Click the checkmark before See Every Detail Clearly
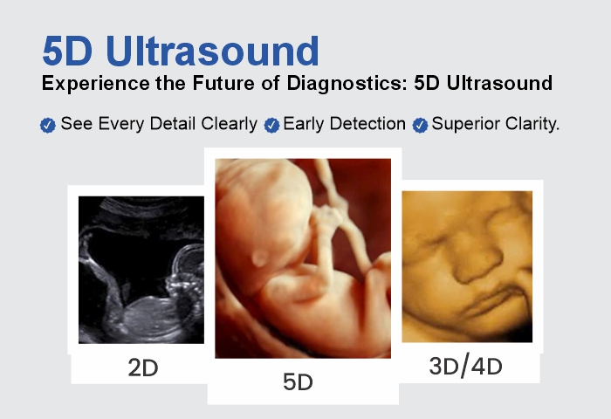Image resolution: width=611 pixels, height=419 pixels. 48,125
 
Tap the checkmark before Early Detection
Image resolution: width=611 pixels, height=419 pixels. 271,125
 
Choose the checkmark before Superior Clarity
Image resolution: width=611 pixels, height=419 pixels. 420,125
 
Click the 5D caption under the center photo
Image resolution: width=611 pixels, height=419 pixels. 298,381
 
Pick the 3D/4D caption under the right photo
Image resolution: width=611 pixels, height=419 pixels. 467,367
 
